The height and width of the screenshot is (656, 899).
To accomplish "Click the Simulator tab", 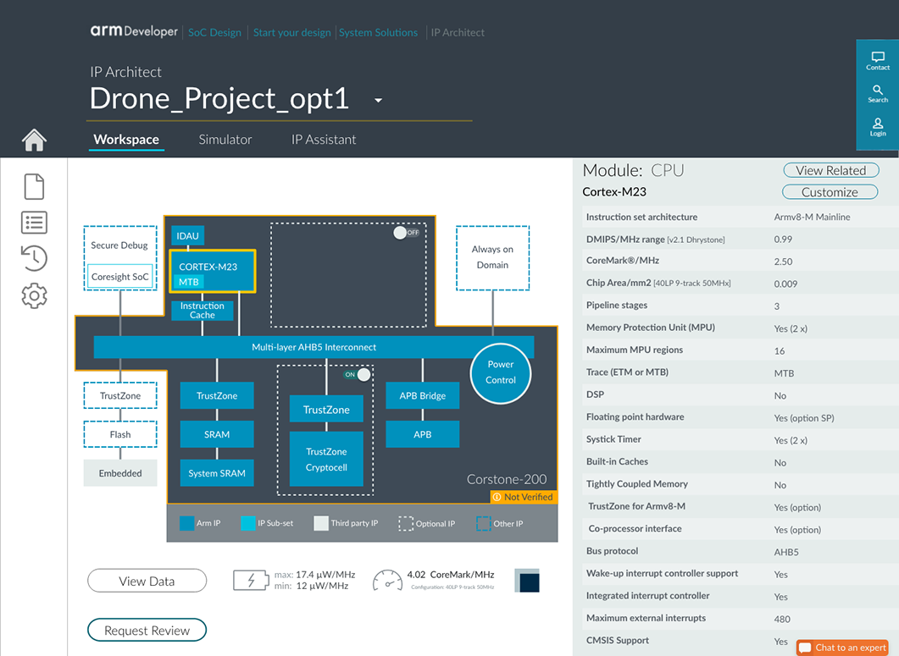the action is pyautogui.click(x=225, y=139).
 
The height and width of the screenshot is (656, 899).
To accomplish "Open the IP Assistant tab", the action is pyautogui.click(x=324, y=139).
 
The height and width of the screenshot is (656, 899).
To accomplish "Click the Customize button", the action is pyautogui.click(x=830, y=192).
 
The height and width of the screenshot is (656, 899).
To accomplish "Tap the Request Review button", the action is pyautogui.click(x=147, y=631).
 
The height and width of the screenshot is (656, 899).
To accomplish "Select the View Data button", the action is pyautogui.click(x=147, y=581).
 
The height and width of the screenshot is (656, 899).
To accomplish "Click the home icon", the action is pyautogui.click(x=34, y=140).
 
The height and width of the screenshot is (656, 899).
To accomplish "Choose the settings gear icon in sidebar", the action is pyautogui.click(x=34, y=295).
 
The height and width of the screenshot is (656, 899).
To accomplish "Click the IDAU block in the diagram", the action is pyautogui.click(x=187, y=235).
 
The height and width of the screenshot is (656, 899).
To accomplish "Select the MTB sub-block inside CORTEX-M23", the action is pyautogui.click(x=189, y=282).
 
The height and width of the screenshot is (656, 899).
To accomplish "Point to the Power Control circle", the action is pyautogui.click(x=501, y=372).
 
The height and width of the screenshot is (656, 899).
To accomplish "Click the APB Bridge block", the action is pyautogui.click(x=423, y=395).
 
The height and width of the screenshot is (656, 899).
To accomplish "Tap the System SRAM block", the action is pyautogui.click(x=217, y=473).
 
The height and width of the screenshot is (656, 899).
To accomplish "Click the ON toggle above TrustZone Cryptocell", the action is pyautogui.click(x=357, y=375).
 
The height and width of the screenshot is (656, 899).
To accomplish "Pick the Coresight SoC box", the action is pyautogui.click(x=119, y=277).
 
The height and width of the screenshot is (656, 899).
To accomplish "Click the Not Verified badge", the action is pyautogui.click(x=524, y=497).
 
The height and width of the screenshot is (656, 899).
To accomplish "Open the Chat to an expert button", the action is pyautogui.click(x=842, y=648).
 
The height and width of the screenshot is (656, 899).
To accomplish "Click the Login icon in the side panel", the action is pyautogui.click(x=878, y=127).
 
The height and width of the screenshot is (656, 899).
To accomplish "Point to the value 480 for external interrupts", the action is pyautogui.click(x=782, y=619).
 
